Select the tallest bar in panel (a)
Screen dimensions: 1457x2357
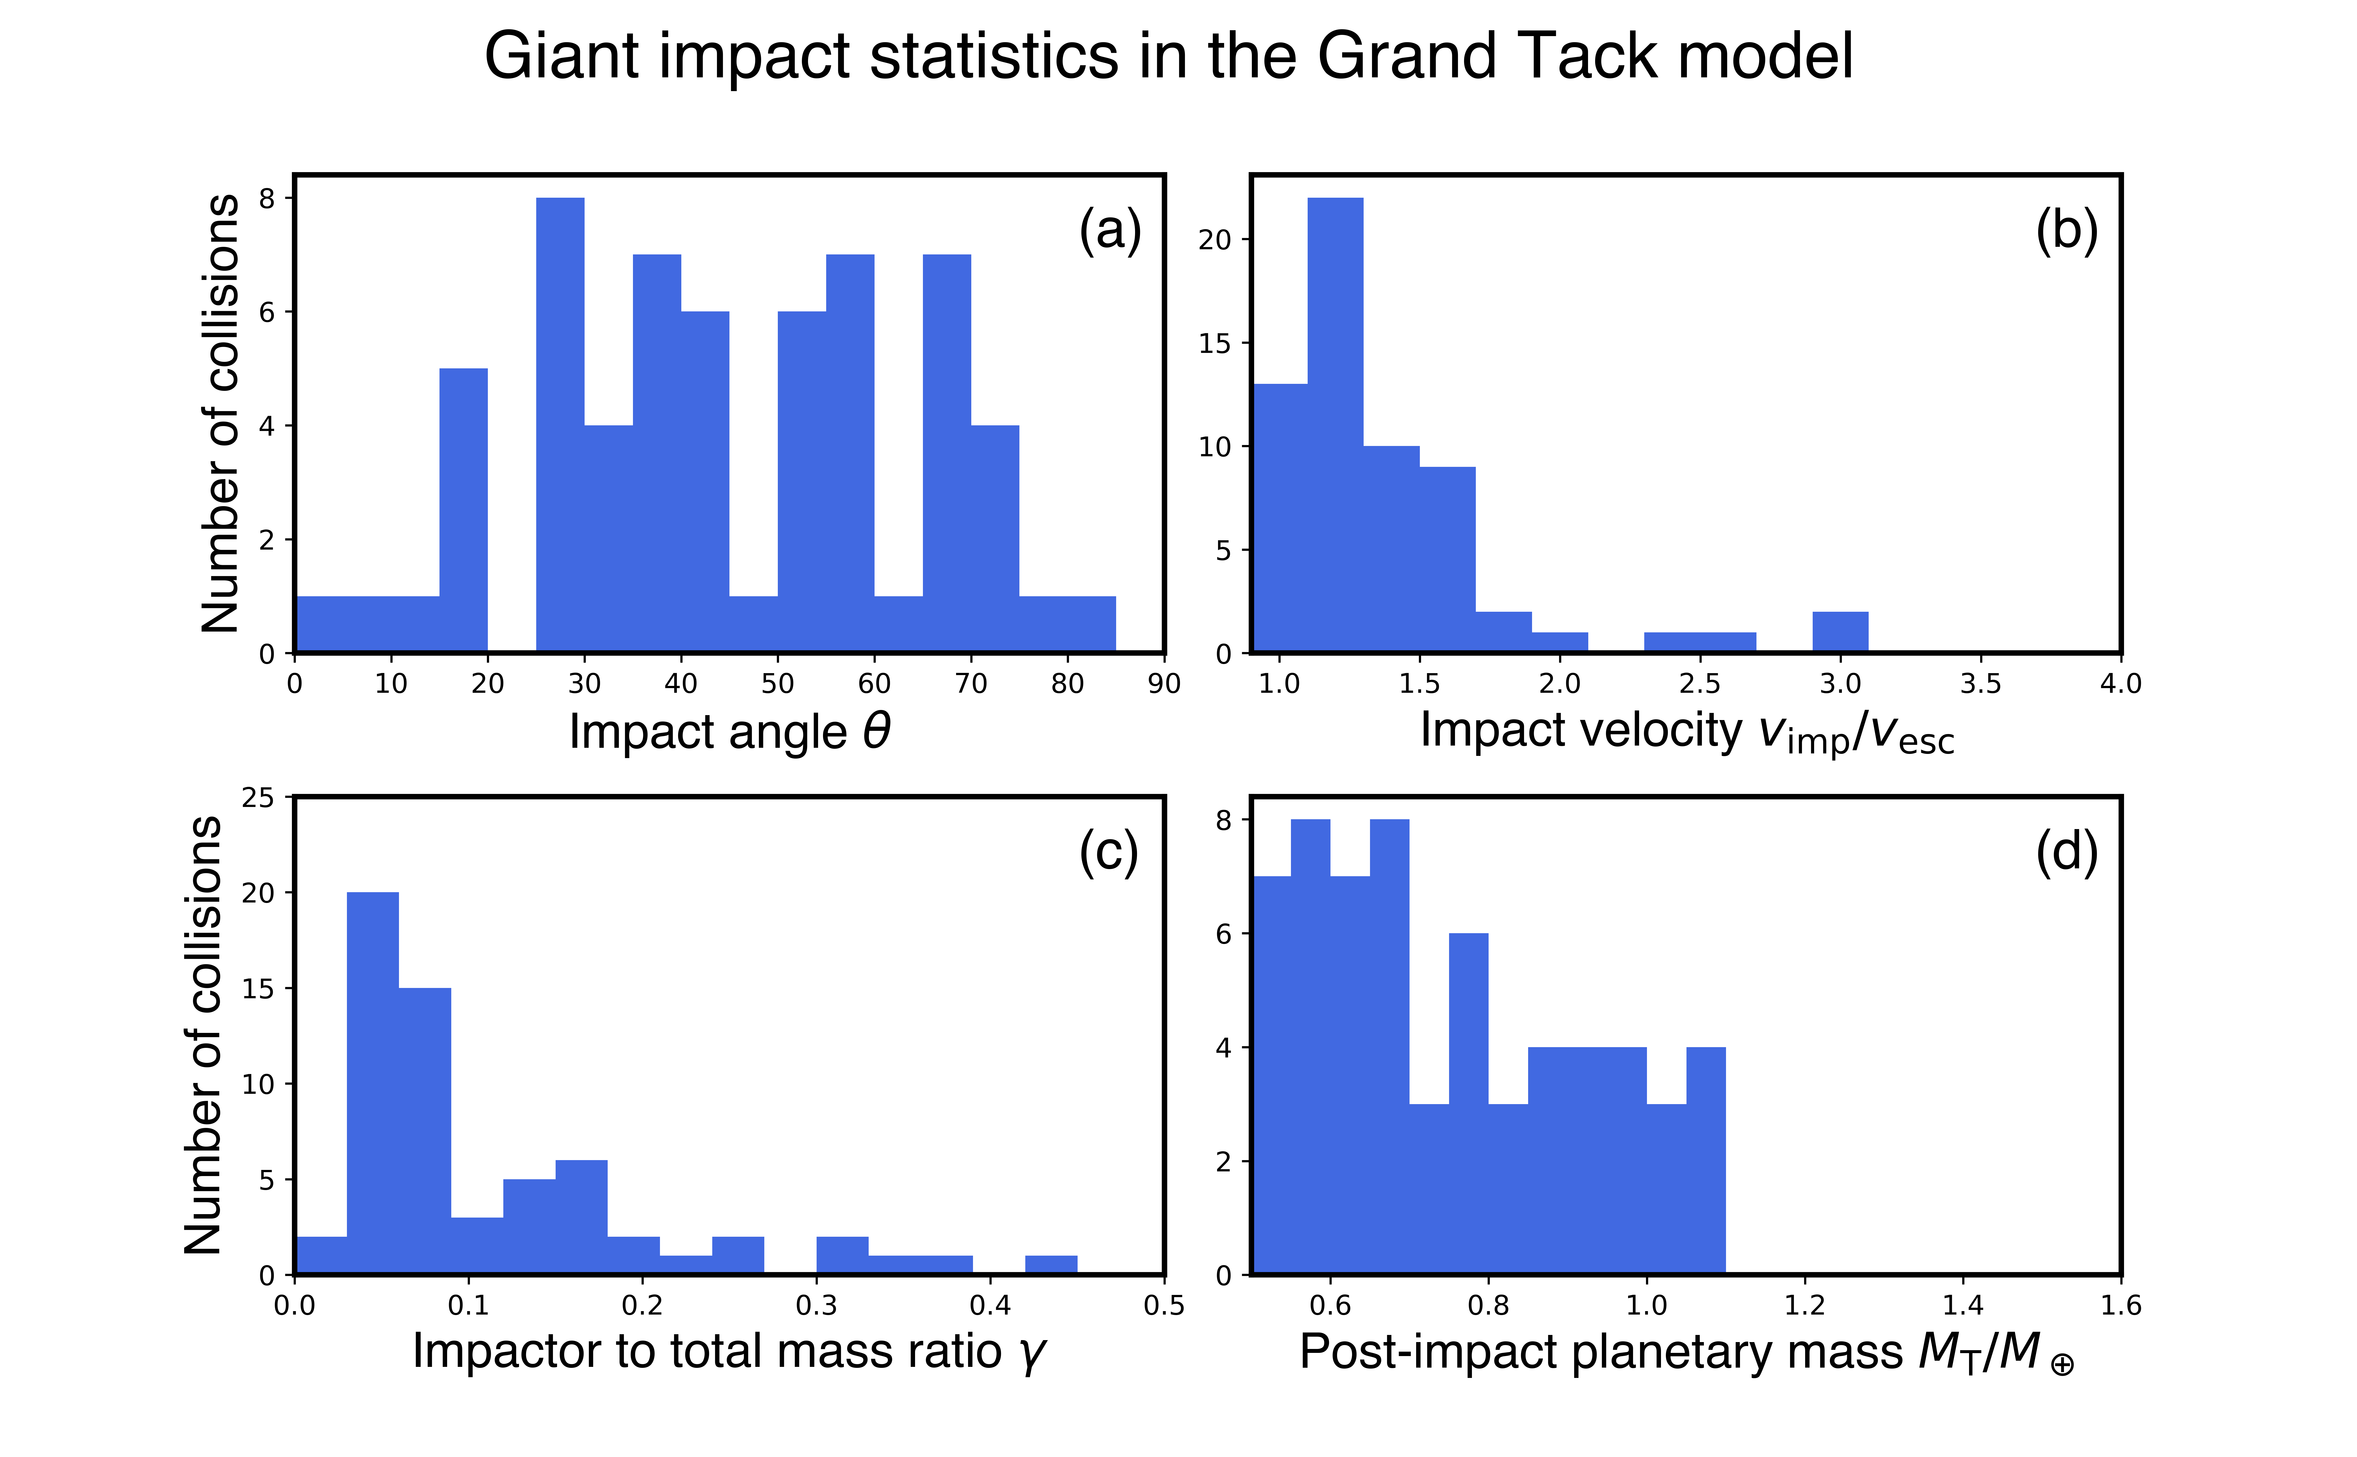(x=560, y=424)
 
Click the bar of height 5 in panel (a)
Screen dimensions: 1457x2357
(x=463, y=511)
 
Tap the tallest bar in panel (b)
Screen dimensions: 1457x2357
(x=1335, y=424)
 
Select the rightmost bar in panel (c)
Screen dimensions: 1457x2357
(x=1051, y=1265)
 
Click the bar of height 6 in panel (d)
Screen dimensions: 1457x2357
(x=1468, y=1103)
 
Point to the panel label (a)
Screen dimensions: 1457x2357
(x=1110, y=231)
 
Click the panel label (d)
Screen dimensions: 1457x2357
(x=2066, y=852)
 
